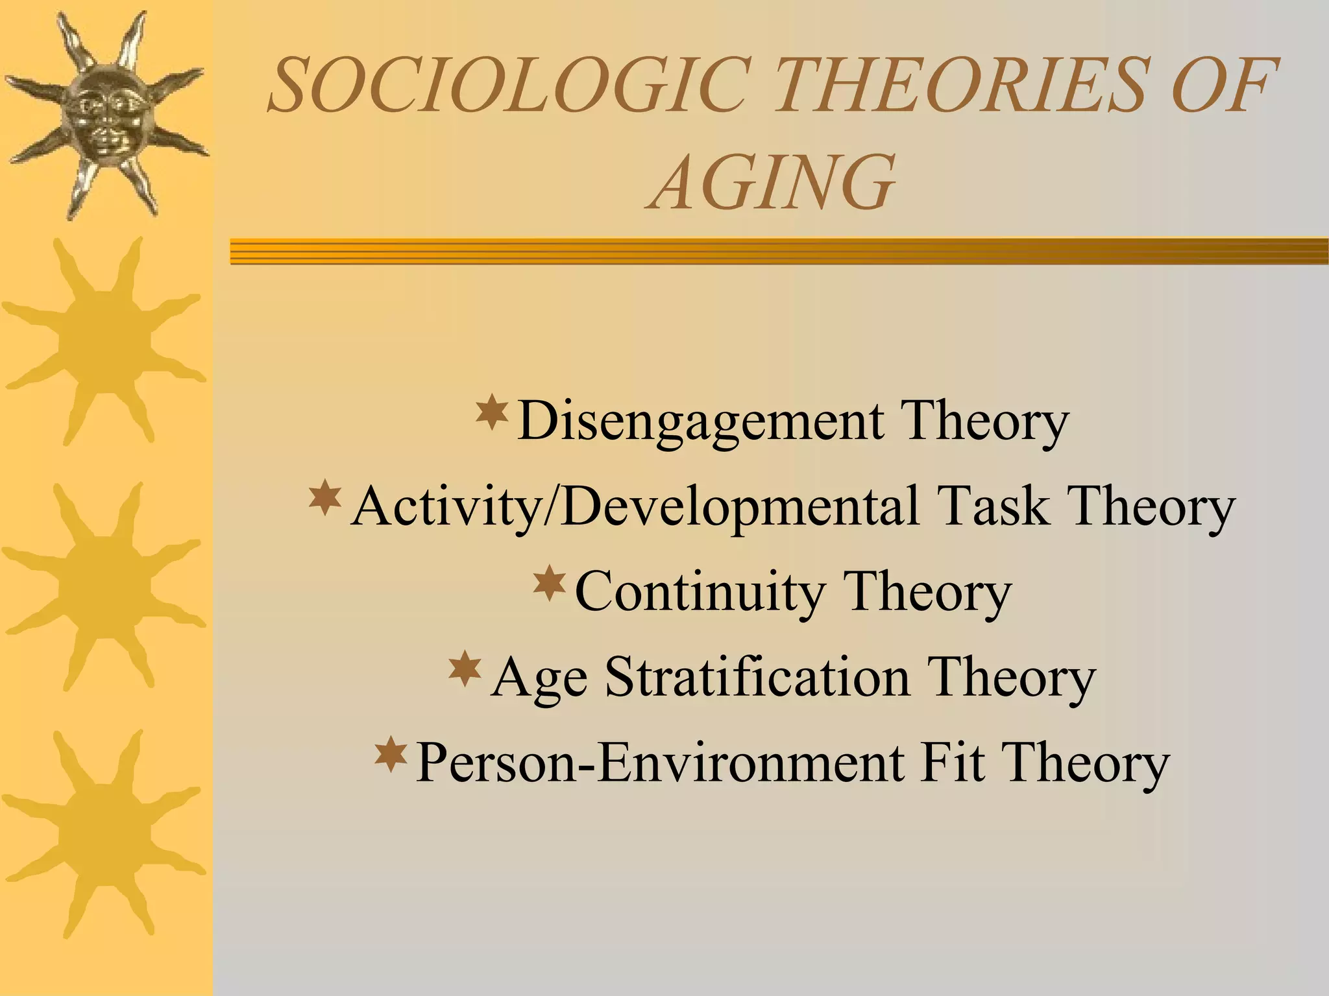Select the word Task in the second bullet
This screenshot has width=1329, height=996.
993,506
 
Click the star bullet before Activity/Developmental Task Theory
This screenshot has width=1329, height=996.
325,497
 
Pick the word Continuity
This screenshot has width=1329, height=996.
700,592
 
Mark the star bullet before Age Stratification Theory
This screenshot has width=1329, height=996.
465,670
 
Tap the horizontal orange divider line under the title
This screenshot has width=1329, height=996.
779,251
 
